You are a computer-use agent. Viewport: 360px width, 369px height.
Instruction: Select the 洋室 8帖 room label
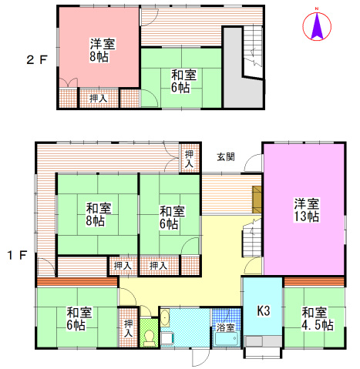point(98,50)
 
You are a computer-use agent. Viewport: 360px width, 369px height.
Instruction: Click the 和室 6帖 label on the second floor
point(183,81)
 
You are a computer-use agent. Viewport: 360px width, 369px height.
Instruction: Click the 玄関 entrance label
point(226,156)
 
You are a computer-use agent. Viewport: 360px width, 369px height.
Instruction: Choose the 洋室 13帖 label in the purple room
point(306,210)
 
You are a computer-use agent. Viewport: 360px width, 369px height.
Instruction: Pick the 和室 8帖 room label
point(96,214)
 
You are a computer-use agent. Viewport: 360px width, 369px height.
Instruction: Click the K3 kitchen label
point(263,311)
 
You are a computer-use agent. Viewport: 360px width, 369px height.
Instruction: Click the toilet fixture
point(148,337)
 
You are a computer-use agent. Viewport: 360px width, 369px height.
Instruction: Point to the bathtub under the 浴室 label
point(227,340)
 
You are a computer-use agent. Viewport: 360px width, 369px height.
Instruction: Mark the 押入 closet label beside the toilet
point(128,328)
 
